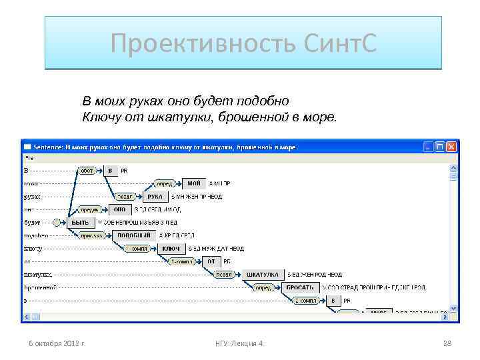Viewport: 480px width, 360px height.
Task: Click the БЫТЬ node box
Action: pyautogui.click(x=80, y=222)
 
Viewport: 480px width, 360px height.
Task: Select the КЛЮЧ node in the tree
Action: pyautogui.click(x=168, y=248)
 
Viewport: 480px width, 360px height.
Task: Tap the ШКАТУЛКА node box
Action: pyautogui.click(x=261, y=274)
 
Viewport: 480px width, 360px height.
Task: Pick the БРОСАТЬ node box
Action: pyautogui.click(x=300, y=287)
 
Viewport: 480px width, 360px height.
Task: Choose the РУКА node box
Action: pyautogui.click(x=155, y=197)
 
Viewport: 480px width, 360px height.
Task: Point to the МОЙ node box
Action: pyautogui.click(x=193, y=183)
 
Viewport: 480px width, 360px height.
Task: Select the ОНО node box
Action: pyautogui.click(x=120, y=209)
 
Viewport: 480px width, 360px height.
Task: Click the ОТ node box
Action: pyautogui.click(x=211, y=261)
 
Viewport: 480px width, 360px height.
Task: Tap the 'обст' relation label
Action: pyautogui.click(x=87, y=171)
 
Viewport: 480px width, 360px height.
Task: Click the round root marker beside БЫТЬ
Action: pyautogui.click(x=57, y=222)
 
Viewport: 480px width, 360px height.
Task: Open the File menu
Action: pyautogui.click(x=29, y=158)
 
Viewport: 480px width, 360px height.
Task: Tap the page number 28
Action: pyautogui.click(x=447, y=343)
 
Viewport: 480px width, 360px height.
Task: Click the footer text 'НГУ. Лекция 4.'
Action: pyautogui.click(x=239, y=343)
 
